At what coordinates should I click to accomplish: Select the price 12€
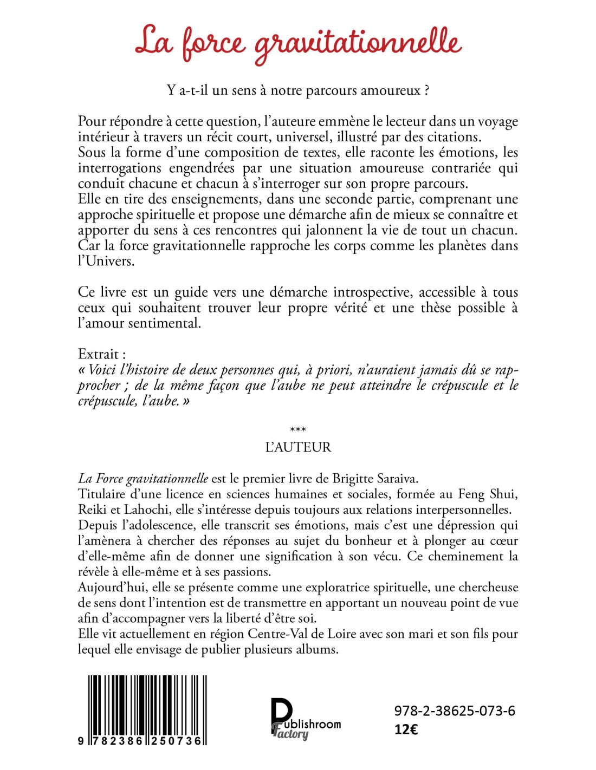point(406,729)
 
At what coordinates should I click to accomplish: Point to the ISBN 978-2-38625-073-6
point(454,711)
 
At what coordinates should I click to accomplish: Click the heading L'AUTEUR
point(298,447)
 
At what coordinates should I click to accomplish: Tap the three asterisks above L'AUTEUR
point(298,430)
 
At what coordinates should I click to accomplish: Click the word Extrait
point(99,354)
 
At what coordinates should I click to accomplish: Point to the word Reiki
point(93,510)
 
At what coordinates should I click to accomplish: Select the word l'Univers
point(105,261)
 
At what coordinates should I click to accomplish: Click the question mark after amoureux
point(427,90)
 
